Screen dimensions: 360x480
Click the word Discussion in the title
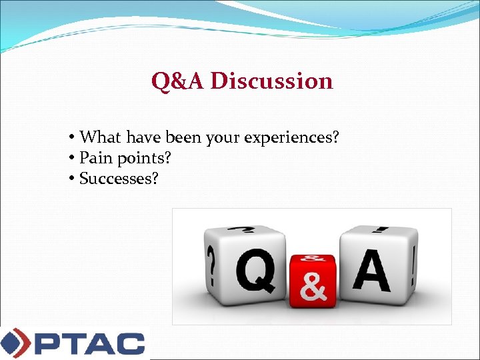271,81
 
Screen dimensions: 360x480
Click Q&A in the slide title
178,81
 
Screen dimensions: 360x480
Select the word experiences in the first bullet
291,137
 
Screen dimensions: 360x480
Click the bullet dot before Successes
71,179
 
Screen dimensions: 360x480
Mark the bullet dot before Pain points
71,159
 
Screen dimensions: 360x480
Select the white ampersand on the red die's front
313,287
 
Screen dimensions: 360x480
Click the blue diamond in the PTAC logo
10,343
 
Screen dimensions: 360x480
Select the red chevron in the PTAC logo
24,343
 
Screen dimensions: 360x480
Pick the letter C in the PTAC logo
129,343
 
